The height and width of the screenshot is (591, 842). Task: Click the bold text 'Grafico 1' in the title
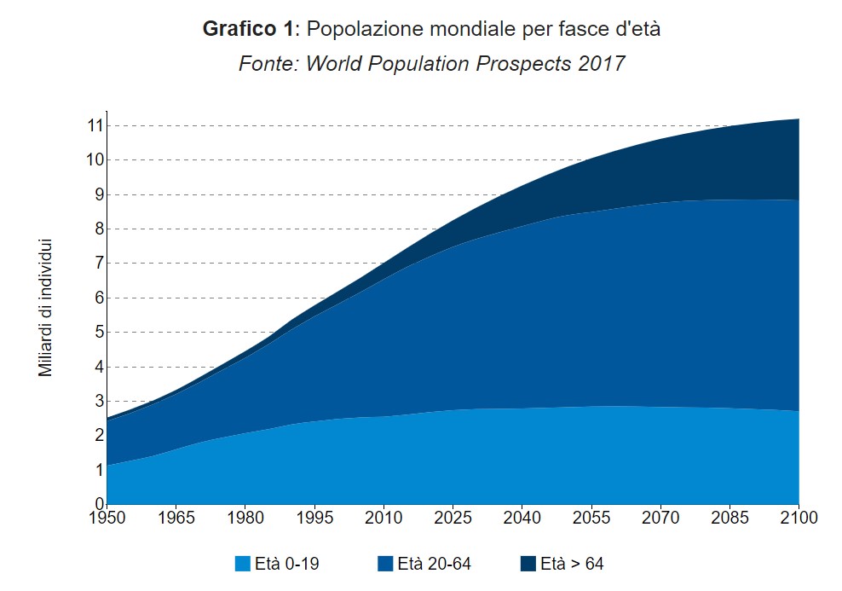(x=246, y=29)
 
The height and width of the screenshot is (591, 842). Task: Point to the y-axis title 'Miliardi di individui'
(x=46, y=308)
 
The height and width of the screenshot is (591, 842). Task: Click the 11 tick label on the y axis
(x=94, y=125)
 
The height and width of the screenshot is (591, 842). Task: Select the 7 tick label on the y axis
(x=98, y=264)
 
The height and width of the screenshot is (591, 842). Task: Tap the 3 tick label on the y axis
(x=98, y=401)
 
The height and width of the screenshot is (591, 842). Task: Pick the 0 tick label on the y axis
(x=98, y=503)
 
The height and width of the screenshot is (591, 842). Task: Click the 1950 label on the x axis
(x=107, y=518)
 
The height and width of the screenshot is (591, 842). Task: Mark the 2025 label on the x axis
(x=453, y=518)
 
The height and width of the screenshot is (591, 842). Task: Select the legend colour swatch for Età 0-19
(x=243, y=564)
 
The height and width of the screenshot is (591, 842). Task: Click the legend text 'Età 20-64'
(x=434, y=564)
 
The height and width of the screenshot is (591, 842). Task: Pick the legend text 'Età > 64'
(x=572, y=564)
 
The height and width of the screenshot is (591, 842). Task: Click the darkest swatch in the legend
(x=528, y=564)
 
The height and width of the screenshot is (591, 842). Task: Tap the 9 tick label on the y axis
(x=98, y=194)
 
